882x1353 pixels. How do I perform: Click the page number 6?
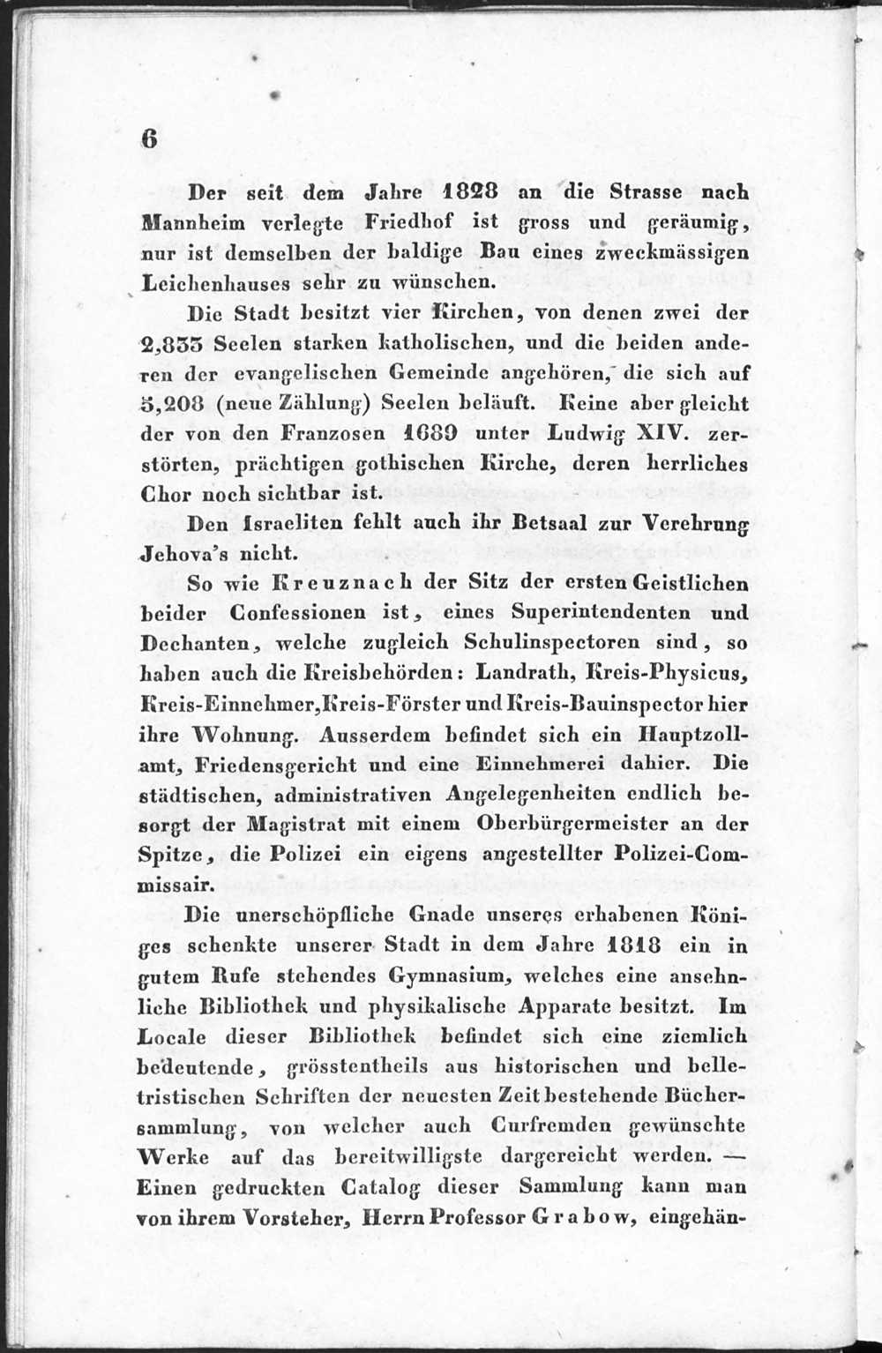(148, 138)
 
